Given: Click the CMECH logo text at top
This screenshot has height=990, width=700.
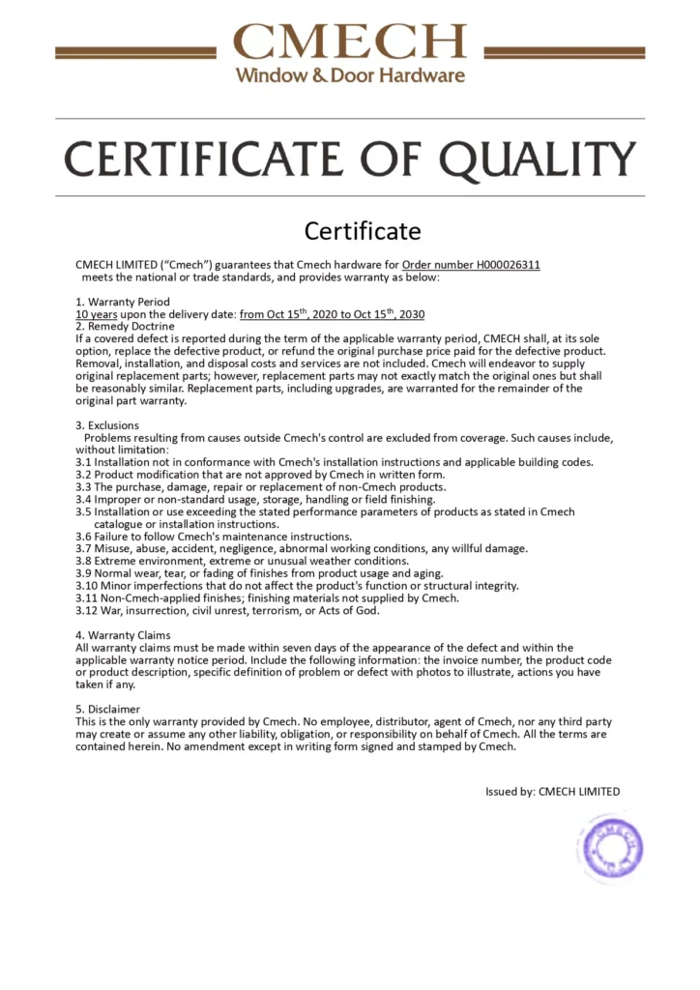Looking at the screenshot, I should tap(350, 41).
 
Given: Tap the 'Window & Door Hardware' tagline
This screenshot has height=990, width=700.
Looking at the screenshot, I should tap(350, 74).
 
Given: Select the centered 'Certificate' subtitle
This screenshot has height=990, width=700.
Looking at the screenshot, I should tap(363, 231).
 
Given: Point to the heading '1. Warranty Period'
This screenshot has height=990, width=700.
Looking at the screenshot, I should tap(123, 302).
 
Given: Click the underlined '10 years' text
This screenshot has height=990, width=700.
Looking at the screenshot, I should tap(98, 314).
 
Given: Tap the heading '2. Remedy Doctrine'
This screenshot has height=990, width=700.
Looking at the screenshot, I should tap(125, 327).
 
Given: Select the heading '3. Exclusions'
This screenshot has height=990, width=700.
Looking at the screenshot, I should tap(107, 425).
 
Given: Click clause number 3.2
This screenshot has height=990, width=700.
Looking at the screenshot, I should tap(83, 475).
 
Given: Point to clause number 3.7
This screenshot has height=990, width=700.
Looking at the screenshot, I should tap(83, 548).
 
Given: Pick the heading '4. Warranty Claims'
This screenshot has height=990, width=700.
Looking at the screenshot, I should tap(123, 635).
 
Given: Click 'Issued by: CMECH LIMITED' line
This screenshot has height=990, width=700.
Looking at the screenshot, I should tap(552, 791).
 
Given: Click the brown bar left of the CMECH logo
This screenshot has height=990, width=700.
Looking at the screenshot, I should tap(135, 52).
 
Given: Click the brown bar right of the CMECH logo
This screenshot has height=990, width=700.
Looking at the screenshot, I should tap(564, 52).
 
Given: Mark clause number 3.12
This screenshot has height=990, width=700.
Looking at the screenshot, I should tap(87, 610).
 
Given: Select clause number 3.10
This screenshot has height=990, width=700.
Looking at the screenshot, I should tap(87, 585).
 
